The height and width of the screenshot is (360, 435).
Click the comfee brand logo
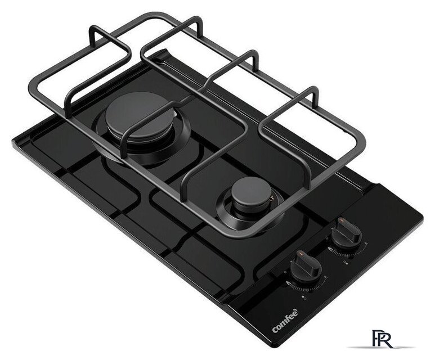point(286,321)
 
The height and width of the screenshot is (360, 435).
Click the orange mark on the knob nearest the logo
point(301,253)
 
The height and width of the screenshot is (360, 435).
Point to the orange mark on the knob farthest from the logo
point(341,220)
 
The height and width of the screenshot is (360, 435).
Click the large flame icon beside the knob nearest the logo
point(289,283)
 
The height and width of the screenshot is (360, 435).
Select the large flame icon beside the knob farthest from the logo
point(330,248)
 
